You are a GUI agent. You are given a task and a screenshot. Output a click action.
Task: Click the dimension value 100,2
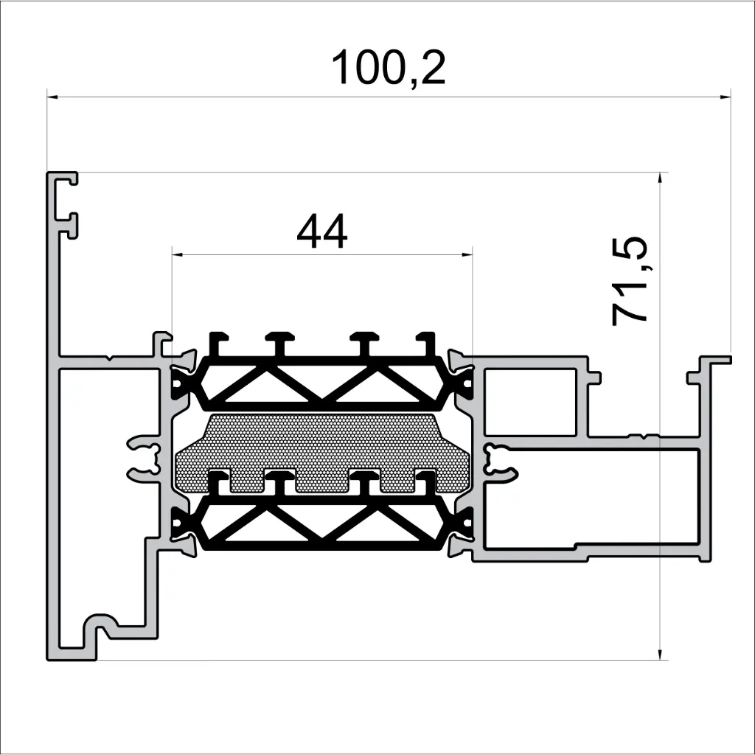pos(388,68)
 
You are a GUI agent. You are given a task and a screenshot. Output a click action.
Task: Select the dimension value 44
pos(321,233)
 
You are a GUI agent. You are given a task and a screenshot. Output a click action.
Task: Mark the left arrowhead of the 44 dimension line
pos(177,254)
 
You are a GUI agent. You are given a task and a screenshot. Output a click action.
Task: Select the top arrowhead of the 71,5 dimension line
pos(660,178)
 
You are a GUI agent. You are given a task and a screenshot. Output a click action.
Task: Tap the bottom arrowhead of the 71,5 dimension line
pos(660,654)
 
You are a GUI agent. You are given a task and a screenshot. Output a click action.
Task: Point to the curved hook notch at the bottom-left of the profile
pos(100,627)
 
